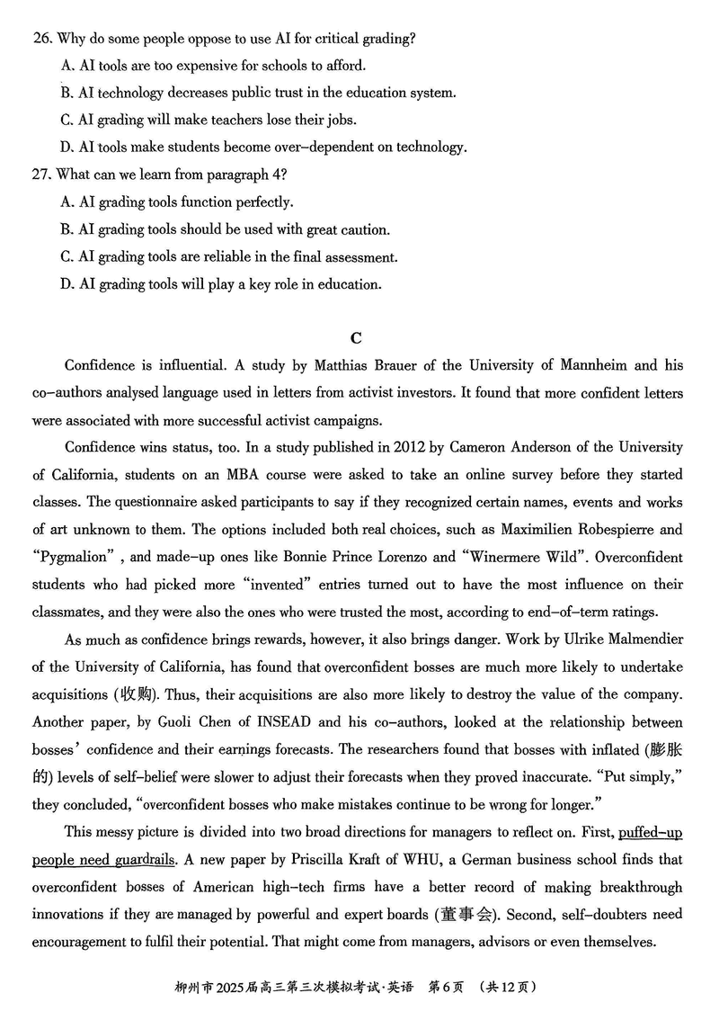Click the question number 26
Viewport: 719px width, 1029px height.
(x=40, y=39)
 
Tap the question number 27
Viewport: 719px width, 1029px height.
(x=40, y=174)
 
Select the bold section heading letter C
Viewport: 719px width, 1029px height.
(x=356, y=338)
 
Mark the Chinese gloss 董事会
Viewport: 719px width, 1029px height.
(x=465, y=915)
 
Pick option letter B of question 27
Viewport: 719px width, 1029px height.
(x=67, y=229)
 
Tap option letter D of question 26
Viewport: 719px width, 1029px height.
(x=67, y=147)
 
